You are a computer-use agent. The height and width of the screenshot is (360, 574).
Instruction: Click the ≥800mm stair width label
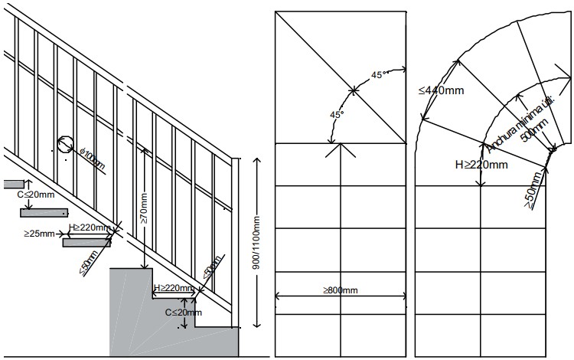340,290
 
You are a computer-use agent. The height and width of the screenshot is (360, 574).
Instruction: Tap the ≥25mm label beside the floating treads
38,232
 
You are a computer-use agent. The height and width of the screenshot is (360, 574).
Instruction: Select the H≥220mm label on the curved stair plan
481,164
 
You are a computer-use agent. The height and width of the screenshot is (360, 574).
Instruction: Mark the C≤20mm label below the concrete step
184,312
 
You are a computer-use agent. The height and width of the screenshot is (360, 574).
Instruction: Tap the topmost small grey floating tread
14,184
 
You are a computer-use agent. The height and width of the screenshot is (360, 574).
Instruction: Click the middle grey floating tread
44,212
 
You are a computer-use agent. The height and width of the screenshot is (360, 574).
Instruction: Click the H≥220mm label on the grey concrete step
174,288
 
